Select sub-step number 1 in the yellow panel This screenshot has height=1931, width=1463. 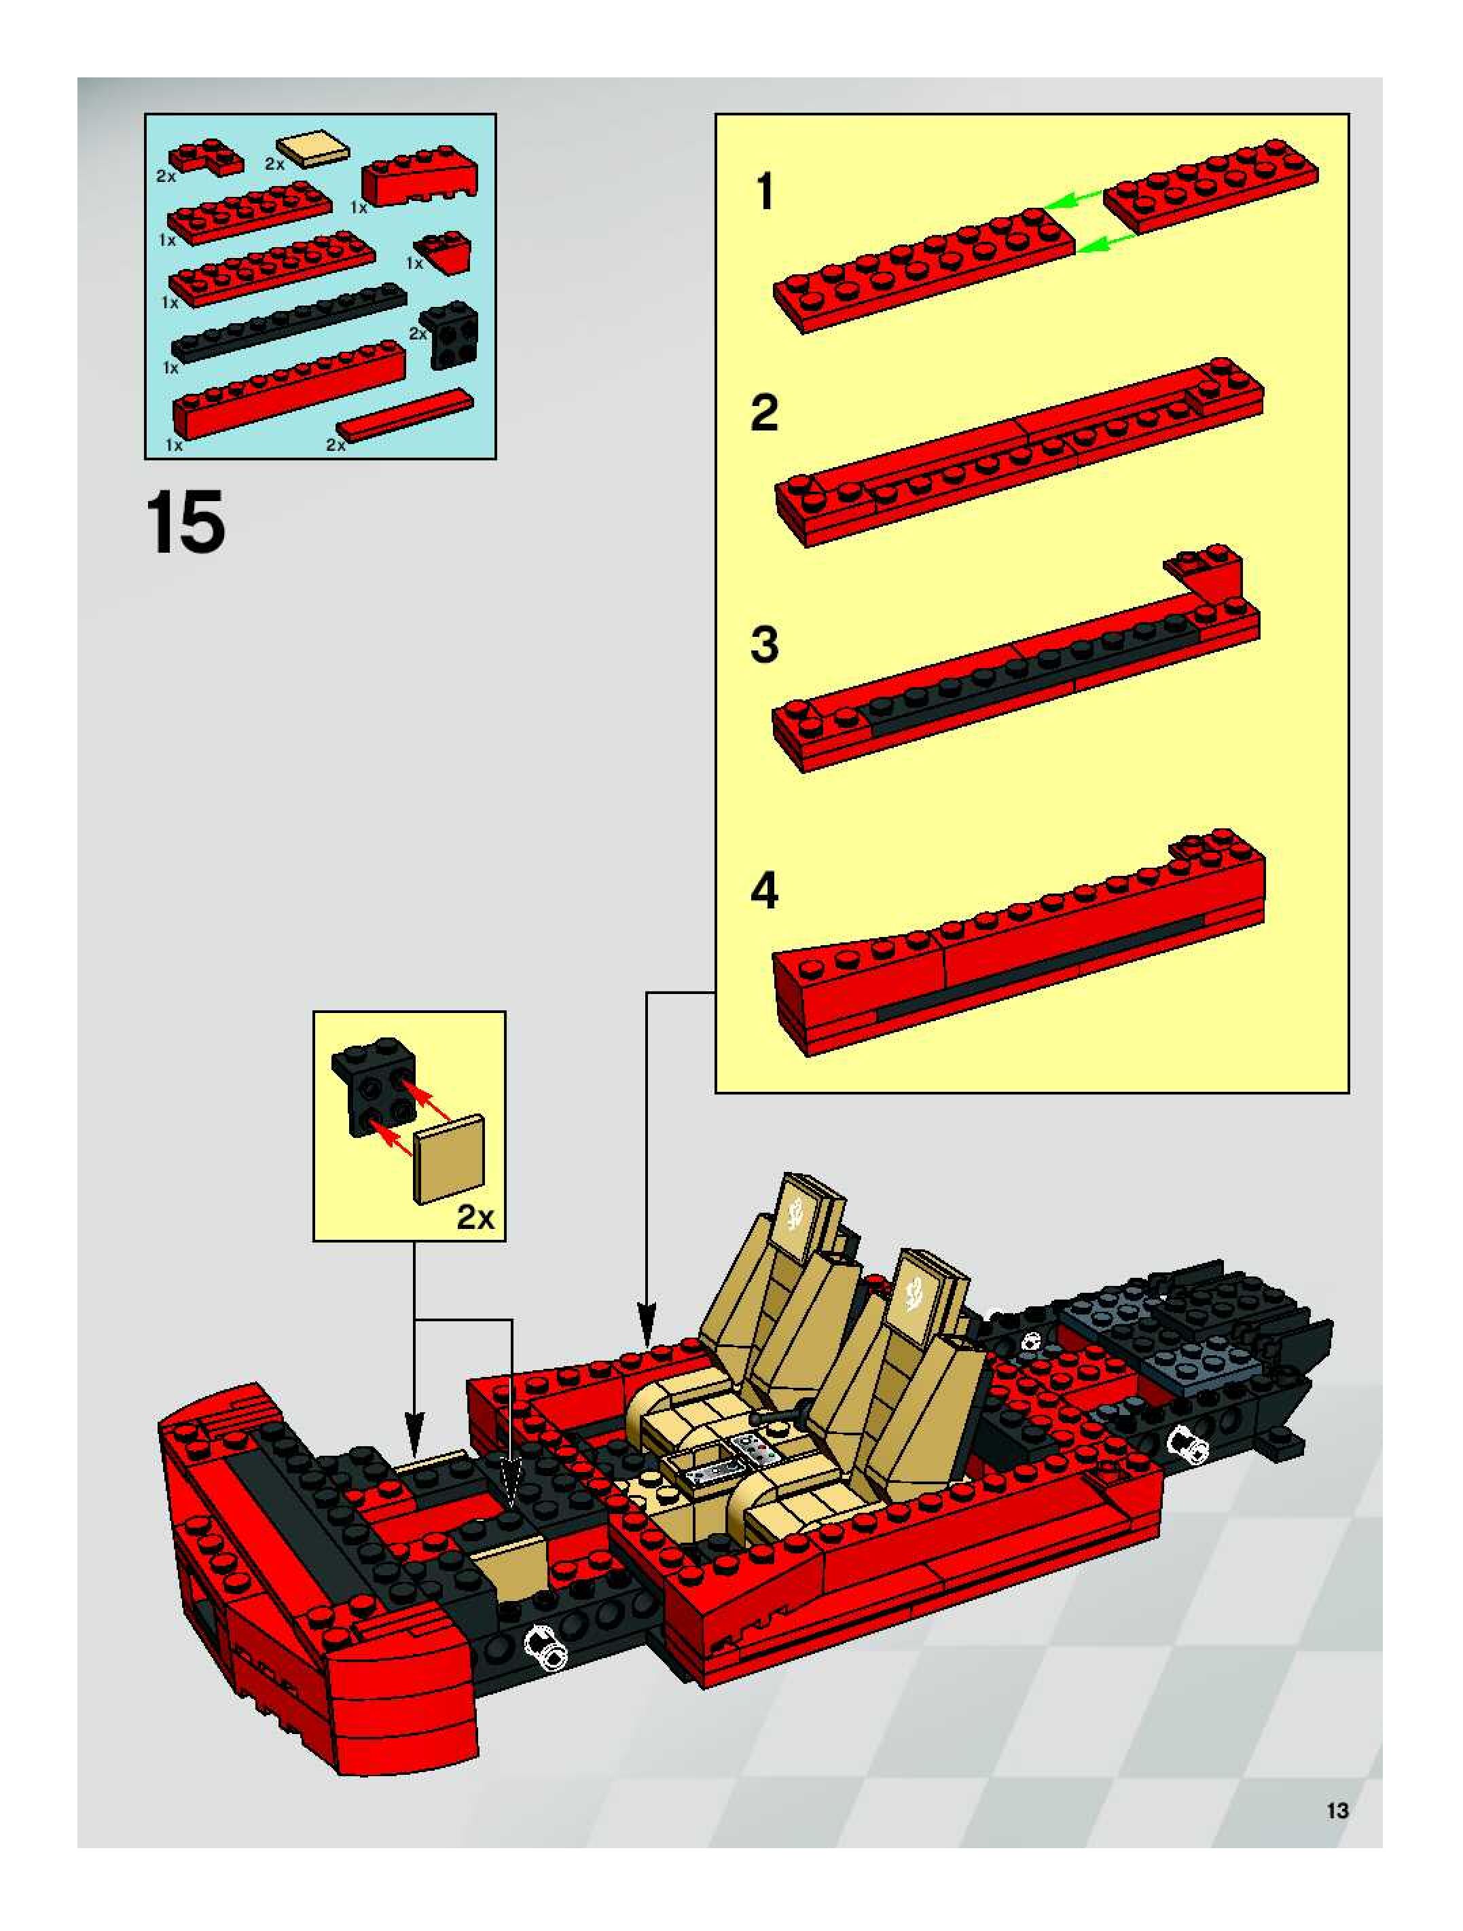point(765,192)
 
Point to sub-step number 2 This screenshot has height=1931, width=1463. point(765,413)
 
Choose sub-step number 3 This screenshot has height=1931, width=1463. point(765,646)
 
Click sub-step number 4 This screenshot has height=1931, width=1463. point(765,892)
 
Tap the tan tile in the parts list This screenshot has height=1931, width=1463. point(312,151)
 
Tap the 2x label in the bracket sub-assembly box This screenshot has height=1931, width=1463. point(475,1217)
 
